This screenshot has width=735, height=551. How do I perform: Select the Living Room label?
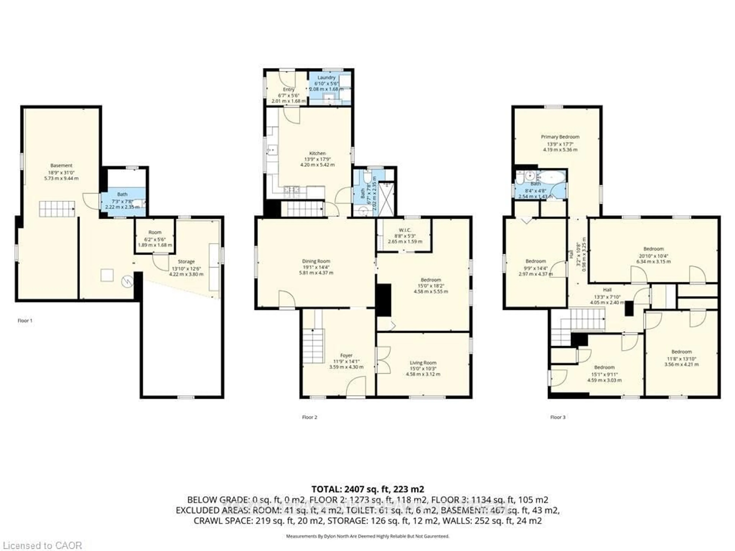[x=423, y=363]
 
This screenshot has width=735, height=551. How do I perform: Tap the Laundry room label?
[x=326, y=77]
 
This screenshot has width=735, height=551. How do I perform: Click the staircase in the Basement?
[x=57, y=209]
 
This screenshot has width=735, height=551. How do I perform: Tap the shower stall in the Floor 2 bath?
[x=386, y=199]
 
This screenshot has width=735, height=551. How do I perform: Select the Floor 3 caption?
[x=558, y=417]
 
